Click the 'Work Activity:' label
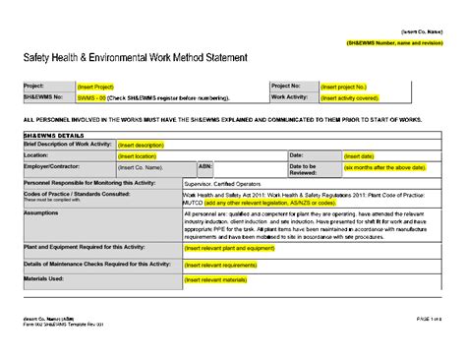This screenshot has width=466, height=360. [292, 97]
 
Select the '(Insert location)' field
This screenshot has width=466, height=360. [137, 155]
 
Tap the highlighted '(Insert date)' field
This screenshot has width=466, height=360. [359, 155]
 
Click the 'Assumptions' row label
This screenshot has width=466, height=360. [41, 211]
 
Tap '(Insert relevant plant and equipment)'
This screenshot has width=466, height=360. [231, 249]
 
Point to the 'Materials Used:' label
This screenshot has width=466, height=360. [44, 279]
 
